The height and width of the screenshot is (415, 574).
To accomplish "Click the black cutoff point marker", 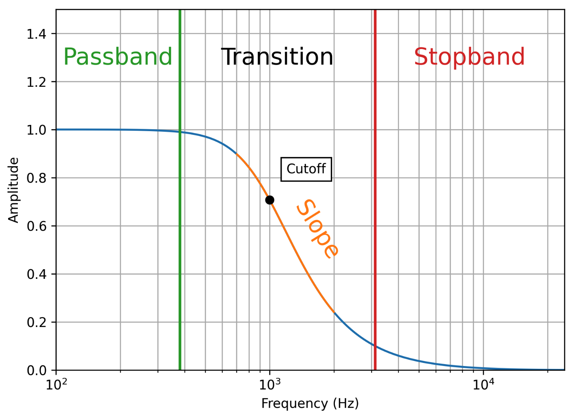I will (x=270, y=200).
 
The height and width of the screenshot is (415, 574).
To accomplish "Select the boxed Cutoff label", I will (x=306, y=169).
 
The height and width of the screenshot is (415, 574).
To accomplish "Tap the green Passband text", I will (x=118, y=57).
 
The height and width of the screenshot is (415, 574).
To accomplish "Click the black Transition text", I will (x=277, y=57).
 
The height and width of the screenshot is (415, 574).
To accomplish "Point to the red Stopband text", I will (x=469, y=57).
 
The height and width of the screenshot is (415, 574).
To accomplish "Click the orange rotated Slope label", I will (x=317, y=228).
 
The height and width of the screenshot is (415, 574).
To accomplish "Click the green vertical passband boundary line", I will (x=180, y=231).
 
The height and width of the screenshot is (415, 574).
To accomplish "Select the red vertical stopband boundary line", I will (x=375, y=231).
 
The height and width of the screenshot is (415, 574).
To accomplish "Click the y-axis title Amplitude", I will (x=14, y=190).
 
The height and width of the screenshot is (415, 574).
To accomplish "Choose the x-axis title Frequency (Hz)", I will (x=310, y=403).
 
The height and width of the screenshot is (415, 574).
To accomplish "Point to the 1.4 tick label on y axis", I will (x=36, y=34).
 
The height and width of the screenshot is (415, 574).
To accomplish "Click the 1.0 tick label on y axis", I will (x=36, y=130).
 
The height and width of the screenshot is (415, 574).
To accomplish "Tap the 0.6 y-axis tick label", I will (x=36, y=226).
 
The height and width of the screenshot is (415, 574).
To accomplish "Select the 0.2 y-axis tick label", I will (x=36, y=322).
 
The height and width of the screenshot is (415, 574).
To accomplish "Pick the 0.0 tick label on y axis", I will (x=36, y=370).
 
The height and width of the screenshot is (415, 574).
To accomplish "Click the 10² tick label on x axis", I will (x=56, y=384).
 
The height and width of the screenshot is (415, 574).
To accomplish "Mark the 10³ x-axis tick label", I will (x=270, y=384).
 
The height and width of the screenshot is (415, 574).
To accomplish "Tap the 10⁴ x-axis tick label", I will (x=483, y=384).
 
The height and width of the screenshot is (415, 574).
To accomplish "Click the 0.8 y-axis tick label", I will (x=36, y=178).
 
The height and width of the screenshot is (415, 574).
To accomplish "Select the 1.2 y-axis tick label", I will (x=36, y=82).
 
